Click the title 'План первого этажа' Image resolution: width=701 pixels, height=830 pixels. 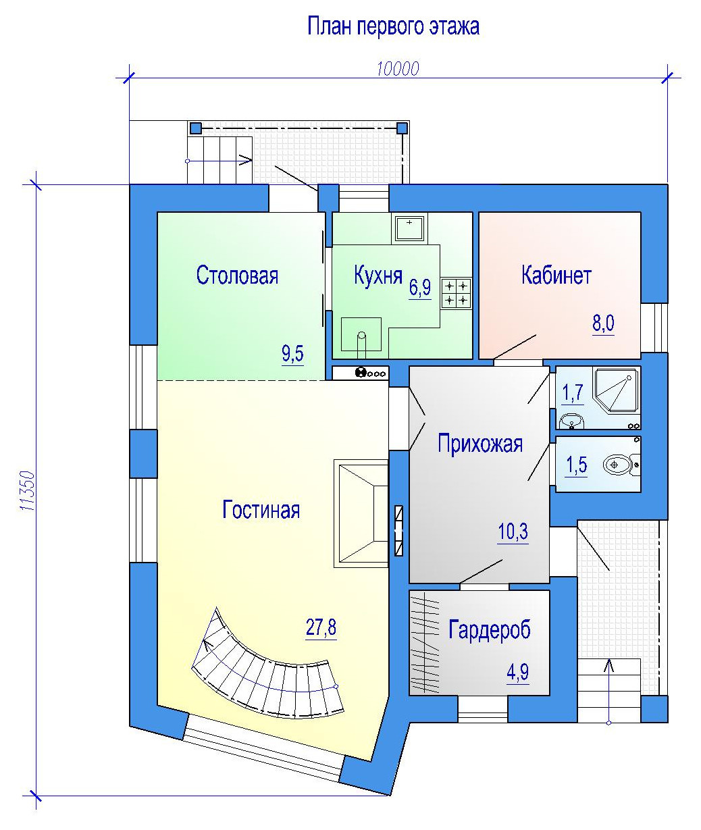point(393,27)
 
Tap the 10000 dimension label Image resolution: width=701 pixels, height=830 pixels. point(398,69)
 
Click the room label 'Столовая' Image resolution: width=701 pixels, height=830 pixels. point(237,275)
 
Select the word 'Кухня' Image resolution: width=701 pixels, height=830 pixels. point(378,275)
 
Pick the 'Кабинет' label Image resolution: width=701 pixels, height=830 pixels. point(556,275)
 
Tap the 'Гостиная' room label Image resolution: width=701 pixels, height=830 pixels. point(261,510)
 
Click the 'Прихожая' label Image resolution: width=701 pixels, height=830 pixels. point(480,444)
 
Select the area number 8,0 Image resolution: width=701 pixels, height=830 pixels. point(603,323)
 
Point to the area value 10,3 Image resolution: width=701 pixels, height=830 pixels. point(513,531)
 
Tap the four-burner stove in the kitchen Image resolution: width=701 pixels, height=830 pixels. point(456,293)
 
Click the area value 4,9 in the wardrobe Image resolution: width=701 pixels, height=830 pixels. point(518,672)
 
